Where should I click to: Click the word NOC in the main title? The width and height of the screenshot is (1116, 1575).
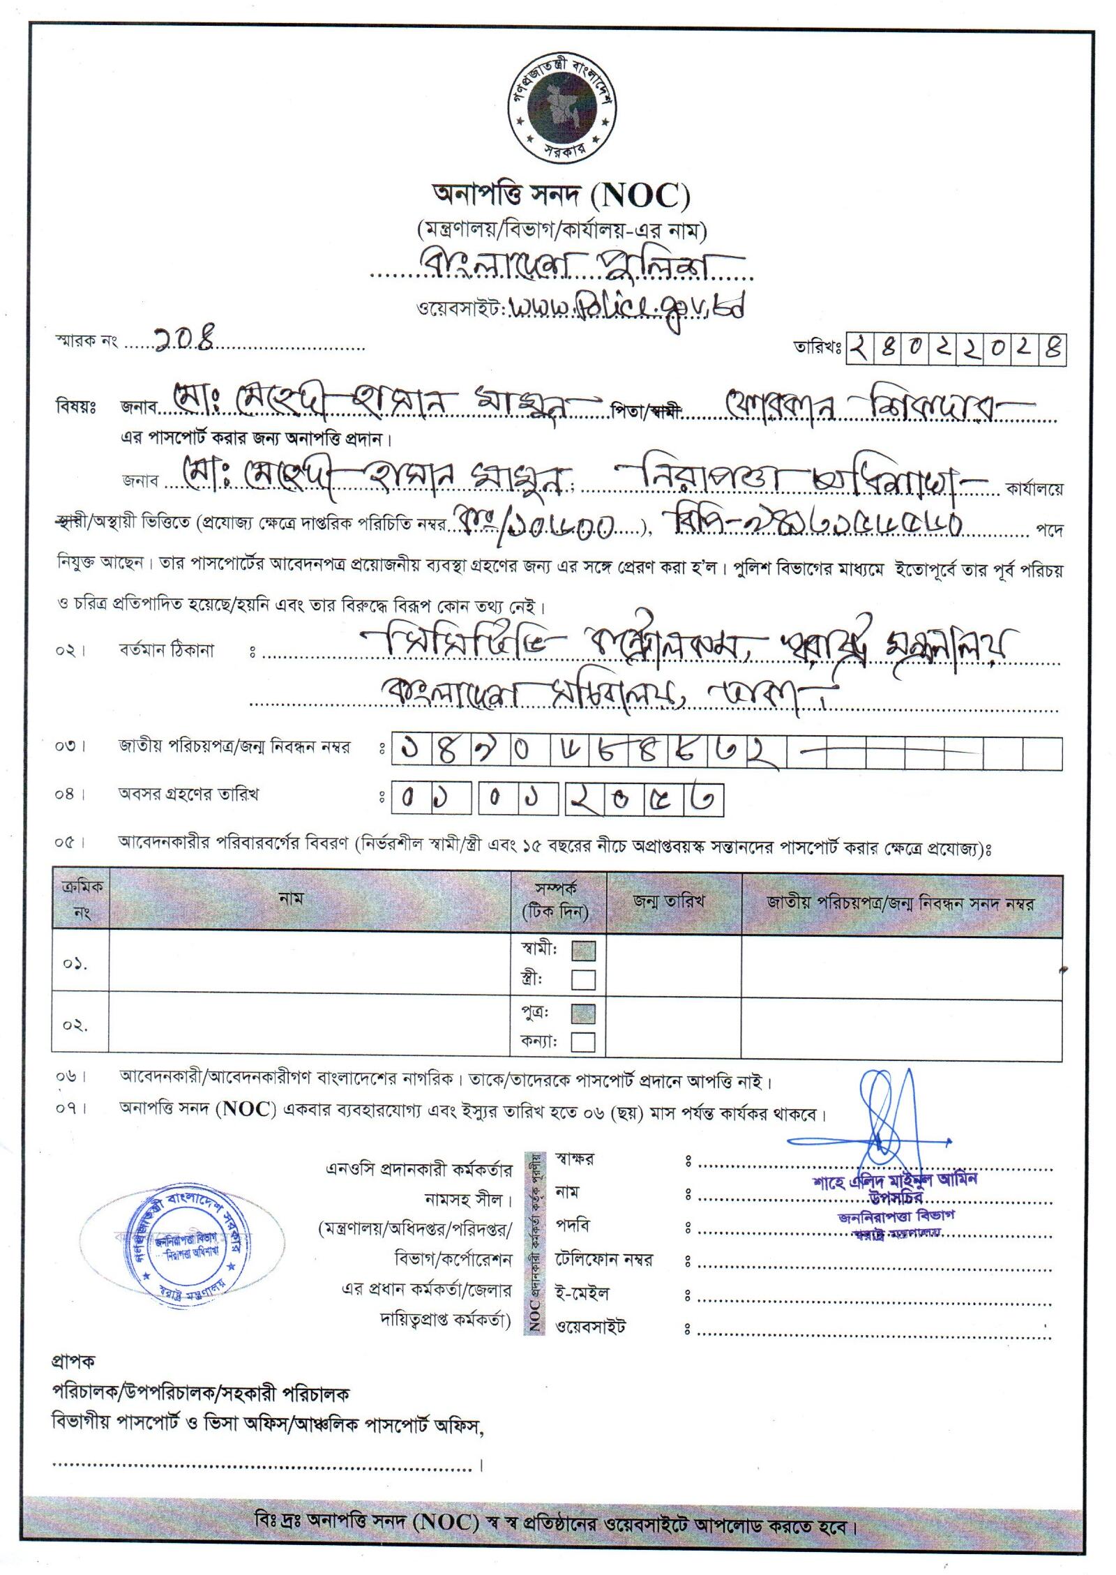click(640, 197)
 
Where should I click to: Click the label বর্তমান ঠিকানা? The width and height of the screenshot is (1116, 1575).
click(166, 651)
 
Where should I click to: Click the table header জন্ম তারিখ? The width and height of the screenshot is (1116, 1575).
click(668, 900)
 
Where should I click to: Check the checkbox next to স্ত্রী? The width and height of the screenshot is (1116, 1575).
click(583, 979)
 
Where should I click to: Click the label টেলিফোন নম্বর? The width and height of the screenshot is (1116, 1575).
click(603, 1260)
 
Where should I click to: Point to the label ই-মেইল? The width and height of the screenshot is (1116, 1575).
click(582, 1293)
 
